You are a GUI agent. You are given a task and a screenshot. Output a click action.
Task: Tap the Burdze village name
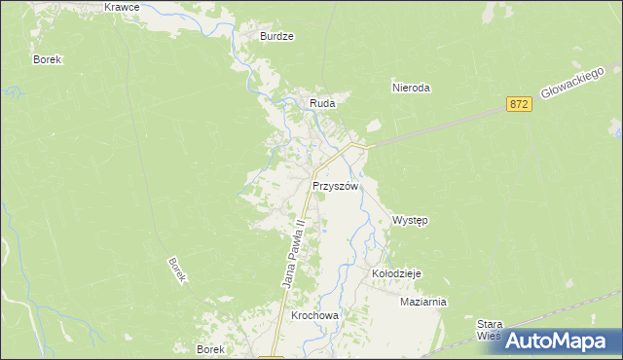[276, 36]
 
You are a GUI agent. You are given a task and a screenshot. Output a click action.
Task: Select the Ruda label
[322, 103]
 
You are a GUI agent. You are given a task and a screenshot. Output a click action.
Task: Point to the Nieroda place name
[411, 88]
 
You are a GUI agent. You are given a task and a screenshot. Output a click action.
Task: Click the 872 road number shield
[519, 103]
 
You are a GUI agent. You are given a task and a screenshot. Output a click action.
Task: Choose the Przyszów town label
[336, 186]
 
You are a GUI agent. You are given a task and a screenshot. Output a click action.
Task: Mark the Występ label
[410, 221]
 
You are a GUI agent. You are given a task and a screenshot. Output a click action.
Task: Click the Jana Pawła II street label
[294, 252]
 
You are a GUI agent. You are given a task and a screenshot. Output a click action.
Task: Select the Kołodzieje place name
[396, 274]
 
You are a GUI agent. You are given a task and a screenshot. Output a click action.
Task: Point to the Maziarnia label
[422, 302]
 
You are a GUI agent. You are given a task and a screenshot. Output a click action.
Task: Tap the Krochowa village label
[314, 316]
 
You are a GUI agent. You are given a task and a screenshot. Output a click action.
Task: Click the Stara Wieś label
[489, 330]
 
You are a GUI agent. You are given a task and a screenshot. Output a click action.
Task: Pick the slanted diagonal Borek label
[176, 270]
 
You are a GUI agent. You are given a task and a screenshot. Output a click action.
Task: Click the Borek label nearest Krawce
[48, 59]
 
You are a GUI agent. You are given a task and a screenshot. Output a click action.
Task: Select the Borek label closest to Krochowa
[211, 349]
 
